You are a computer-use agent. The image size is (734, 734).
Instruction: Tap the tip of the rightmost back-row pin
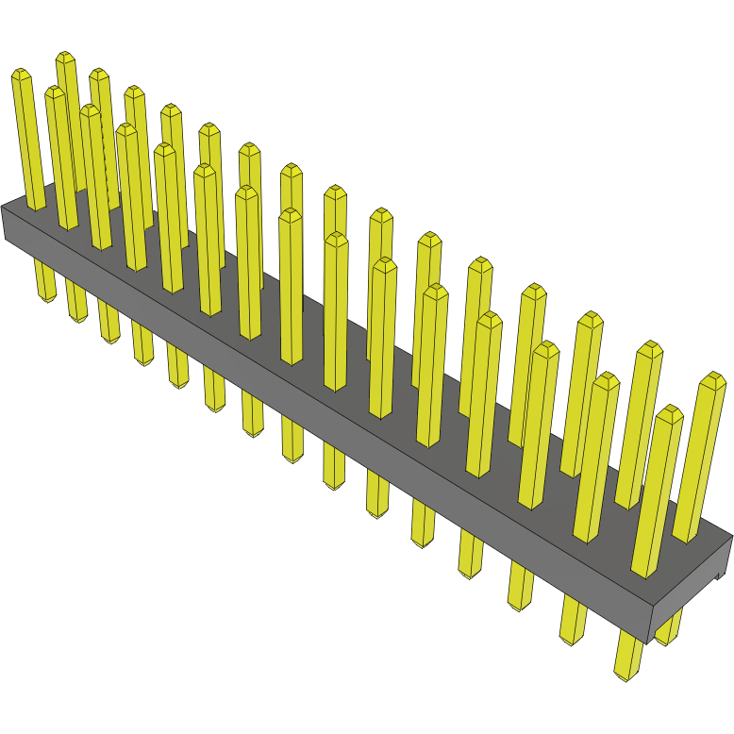(713, 379)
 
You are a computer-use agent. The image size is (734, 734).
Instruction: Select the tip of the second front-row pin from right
(605, 380)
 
